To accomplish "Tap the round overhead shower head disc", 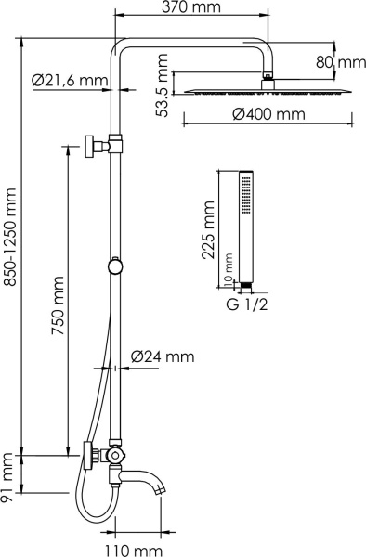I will (270, 90).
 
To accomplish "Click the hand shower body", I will (246, 223).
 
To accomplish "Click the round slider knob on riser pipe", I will (114, 266).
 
